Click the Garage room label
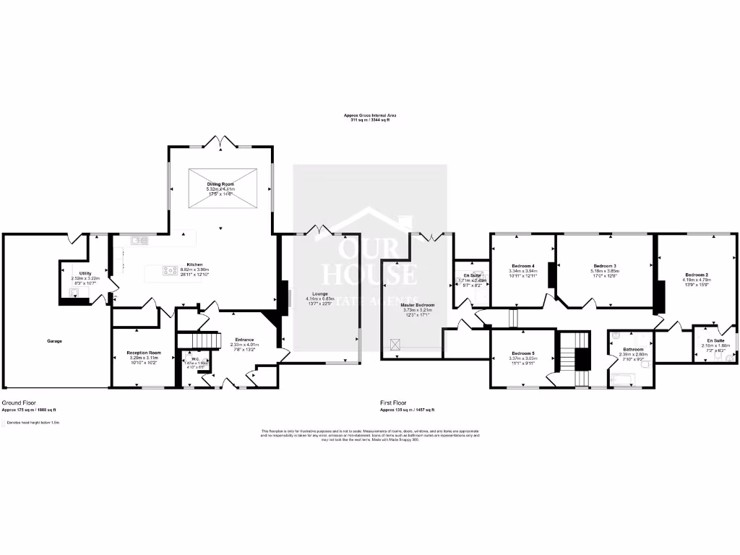[54, 340]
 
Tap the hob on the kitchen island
[171, 271]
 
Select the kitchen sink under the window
[138, 239]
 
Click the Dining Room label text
[220, 184]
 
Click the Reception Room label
[144, 353]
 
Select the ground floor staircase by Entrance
[199, 339]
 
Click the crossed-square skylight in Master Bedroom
[395, 345]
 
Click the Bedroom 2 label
[696, 275]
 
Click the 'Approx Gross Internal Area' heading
[370, 115]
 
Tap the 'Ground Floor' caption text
[19, 403]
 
